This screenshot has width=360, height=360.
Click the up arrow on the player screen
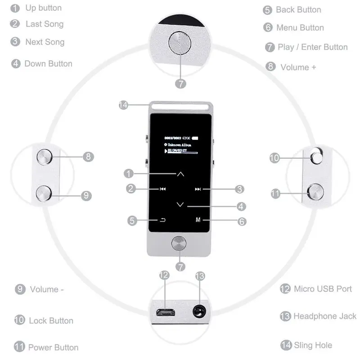tap(180, 174)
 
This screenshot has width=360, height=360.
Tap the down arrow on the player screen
tap(180, 205)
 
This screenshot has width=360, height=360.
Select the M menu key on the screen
tap(198, 220)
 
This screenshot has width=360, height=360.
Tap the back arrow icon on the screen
tap(163, 220)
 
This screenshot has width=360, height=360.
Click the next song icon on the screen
tap(198, 189)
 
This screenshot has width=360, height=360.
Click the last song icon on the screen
tap(163, 189)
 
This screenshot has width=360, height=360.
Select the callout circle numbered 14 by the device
tap(123, 105)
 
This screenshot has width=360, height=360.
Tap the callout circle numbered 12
tap(164, 275)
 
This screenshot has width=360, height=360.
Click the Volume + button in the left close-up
tap(45, 157)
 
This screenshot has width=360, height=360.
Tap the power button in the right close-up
tap(316, 191)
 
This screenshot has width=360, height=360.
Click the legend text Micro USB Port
tap(322, 289)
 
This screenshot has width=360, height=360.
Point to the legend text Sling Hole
tap(313, 346)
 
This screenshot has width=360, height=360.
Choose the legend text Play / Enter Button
tap(312, 47)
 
